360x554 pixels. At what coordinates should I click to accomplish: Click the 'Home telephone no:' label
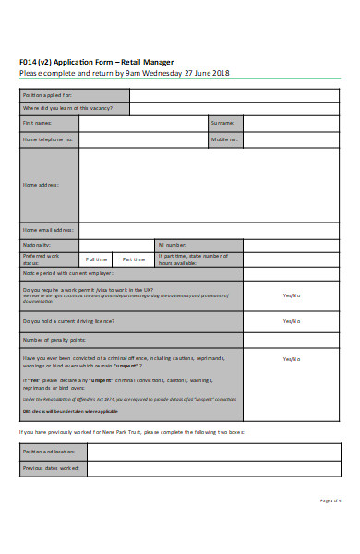(x=47, y=139)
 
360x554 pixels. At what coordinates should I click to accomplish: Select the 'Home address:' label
(x=41, y=185)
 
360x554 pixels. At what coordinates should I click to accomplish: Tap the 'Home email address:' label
(x=48, y=229)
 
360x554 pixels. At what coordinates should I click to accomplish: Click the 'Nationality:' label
(x=37, y=244)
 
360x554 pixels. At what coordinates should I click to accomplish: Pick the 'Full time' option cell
(x=97, y=259)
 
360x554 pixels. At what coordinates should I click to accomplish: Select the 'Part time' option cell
(x=134, y=259)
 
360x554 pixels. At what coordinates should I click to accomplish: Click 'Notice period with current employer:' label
(x=67, y=274)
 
